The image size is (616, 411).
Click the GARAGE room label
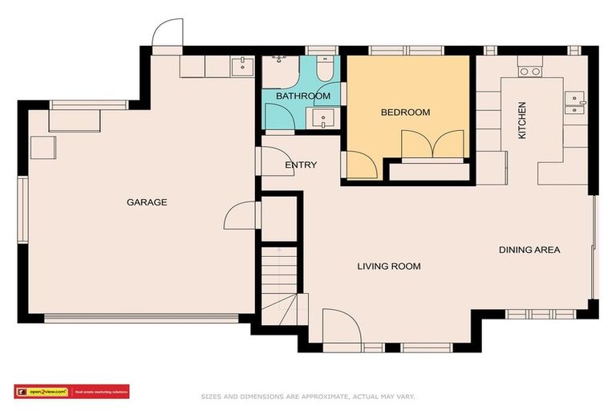pos(147,202)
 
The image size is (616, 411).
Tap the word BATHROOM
pos(303,96)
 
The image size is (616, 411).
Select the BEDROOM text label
pos(405,112)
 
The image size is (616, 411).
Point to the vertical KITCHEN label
pos(522,120)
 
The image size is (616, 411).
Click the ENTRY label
pos(301,165)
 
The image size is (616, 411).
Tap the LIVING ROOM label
pos(389,267)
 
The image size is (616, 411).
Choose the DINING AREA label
pos(529,250)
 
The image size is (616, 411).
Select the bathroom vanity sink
pos(325,120)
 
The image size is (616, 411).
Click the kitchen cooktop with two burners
pos(529,71)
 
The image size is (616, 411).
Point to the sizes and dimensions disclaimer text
pos(307,397)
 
